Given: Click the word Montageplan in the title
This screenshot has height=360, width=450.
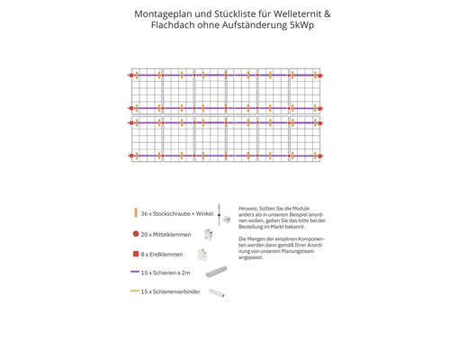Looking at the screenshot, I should point(163,15).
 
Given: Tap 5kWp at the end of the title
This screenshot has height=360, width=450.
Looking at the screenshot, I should point(305,26).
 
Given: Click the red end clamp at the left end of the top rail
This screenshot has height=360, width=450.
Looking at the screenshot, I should point(130,74).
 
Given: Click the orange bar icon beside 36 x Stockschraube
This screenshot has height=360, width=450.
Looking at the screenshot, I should point(134,212).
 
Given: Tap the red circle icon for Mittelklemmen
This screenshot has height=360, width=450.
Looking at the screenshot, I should point(134,232).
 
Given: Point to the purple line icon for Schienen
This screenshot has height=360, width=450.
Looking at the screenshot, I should point(134,272).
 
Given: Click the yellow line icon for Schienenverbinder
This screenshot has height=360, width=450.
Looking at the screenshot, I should point(134,292).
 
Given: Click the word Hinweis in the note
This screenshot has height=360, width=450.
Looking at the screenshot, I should point(248,207).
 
